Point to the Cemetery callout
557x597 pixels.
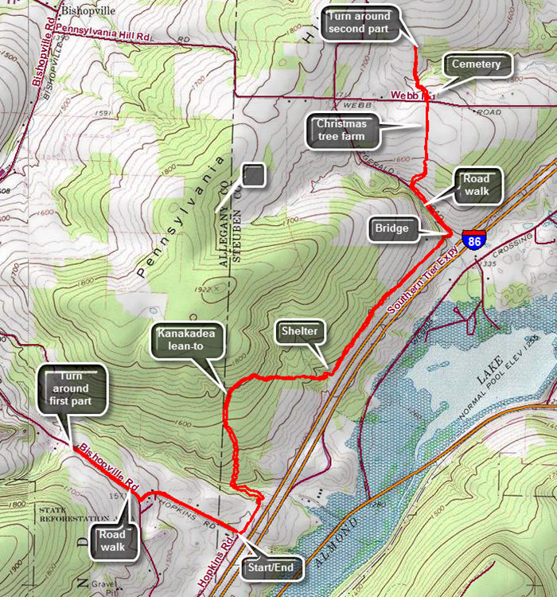[x=476, y=64]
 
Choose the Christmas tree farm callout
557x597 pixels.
[x=341, y=130]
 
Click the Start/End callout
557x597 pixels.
[x=273, y=568]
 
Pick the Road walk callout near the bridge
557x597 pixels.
[x=477, y=185]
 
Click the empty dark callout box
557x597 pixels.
[x=253, y=175]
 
